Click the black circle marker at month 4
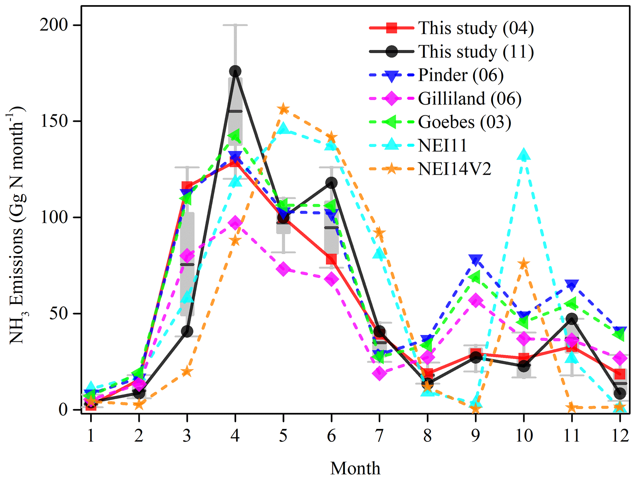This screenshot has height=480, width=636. pos(235,71)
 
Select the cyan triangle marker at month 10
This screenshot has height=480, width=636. pos(524,155)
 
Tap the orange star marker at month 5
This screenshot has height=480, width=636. pos(283,109)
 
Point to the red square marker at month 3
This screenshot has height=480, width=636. pos(187,186)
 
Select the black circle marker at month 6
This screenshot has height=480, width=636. pos(331,183)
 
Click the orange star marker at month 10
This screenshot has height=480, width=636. pos(524,264)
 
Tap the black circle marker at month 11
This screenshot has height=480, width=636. pos(572,319)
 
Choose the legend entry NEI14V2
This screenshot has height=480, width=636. pos(454,169)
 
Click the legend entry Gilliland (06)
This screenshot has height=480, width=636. pos(470,98)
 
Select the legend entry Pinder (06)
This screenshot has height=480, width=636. pos(461,75)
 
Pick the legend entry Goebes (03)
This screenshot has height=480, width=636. pos(464,122)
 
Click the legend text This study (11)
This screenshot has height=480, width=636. pos(476,51)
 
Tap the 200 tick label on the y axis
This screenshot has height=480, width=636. pos(54,25)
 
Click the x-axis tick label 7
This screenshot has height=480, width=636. pos(379,436)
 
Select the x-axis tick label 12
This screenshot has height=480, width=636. pos(620,436)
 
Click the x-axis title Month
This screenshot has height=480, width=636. pos(355,468)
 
